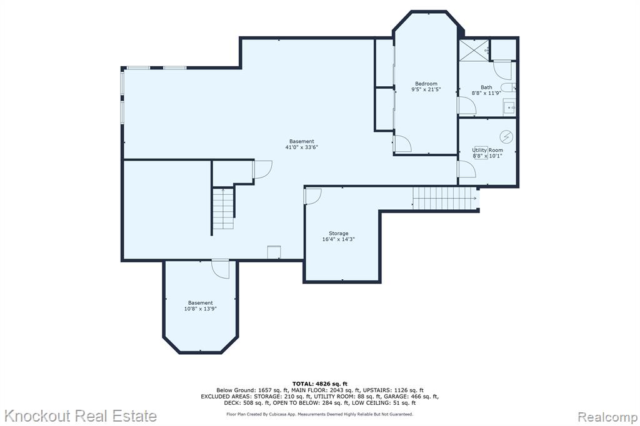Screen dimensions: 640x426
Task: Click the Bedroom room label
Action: [x=426, y=84]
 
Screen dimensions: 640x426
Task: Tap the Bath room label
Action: [x=486, y=87]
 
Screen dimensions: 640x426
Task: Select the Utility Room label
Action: [x=487, y=150]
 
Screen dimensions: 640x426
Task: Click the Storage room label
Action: [x=338, y=234]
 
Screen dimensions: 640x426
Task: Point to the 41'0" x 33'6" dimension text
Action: [x=302, y=147]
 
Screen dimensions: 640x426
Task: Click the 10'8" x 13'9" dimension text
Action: [x=201, y=309]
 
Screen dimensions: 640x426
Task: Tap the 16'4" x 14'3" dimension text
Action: [x=338, y=239]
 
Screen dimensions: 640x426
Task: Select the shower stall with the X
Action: [x=474, y=50]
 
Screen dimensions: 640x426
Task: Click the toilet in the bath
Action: [x=508, y=87]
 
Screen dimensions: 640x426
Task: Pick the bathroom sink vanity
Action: [x=509, y=107]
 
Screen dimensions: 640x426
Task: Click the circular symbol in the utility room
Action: [x=506, y=137]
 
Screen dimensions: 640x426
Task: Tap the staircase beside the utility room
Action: [x=444, y=198]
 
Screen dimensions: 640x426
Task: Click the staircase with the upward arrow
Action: [x=223, y=208]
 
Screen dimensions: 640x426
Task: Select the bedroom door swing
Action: [x=402, y=144]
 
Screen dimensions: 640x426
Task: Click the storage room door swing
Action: [x=313, y=196]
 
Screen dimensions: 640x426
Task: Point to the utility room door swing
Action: [x=466, y=169]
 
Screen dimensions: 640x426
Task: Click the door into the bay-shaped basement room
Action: [x=221, y=269]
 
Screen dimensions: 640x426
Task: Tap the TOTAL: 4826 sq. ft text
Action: [x=319, y=384]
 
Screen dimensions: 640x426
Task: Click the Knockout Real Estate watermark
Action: [x=81, y=416]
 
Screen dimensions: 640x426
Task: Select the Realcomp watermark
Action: [x=607, y=417]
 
